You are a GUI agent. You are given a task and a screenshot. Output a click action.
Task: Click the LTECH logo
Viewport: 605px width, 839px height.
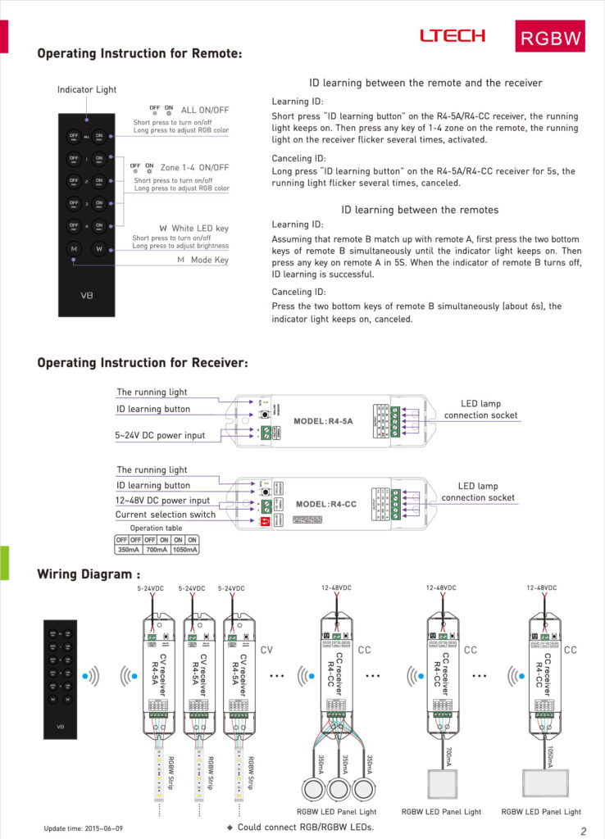point(452,36)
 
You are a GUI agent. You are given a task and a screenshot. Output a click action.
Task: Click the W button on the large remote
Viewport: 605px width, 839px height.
point(98,248)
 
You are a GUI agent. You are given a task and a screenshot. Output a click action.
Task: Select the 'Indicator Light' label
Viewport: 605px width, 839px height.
point(87,89)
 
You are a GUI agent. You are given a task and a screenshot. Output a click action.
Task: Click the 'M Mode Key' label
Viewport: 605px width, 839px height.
point(203,261)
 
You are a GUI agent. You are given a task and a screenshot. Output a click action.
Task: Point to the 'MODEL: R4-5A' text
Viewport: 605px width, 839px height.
point(323,421)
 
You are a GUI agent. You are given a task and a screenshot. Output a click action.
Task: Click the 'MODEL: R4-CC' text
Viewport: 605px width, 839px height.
point(325,504)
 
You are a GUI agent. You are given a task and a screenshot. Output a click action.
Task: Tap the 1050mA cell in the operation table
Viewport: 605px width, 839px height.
point(185,550)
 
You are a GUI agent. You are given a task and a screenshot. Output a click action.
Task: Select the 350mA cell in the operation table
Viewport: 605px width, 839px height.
point(129,550)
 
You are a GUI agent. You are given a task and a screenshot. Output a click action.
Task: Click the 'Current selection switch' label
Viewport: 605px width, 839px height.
point(166,515)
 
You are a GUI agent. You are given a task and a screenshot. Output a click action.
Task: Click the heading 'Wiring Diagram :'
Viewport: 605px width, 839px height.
point(89,574)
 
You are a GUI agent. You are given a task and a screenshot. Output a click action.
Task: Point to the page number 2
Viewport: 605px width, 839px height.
point(583,832)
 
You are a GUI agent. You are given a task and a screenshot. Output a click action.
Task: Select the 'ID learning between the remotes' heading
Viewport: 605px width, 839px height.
point(420,210)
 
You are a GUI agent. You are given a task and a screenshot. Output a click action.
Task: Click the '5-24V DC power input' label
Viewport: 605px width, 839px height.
point(160,435)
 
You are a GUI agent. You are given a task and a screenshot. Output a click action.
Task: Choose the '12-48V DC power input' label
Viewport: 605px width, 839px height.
point(162,500)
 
